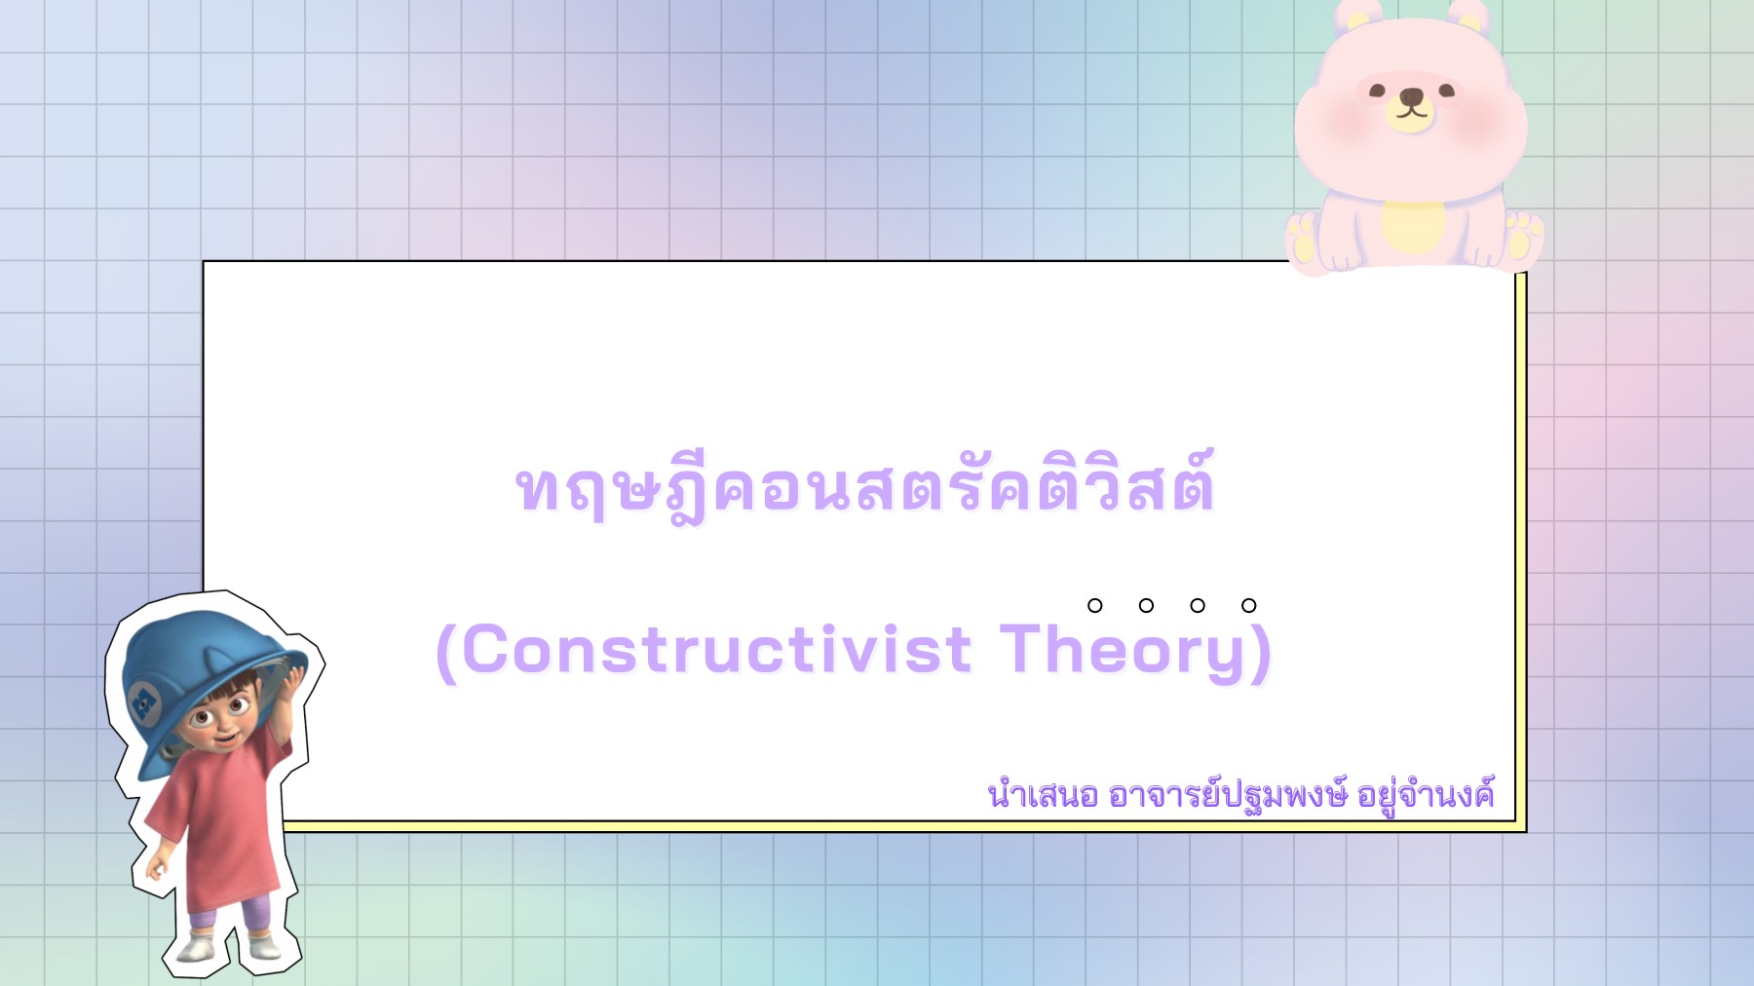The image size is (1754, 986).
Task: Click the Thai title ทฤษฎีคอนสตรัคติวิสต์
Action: [x=864, y=487]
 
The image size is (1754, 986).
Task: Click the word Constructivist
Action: [x=716, y=650]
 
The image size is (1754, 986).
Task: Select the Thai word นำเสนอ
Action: [x=1042, y=795]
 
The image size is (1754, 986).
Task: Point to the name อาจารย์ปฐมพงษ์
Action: [x=1228, y=795]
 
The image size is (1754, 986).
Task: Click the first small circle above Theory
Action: [x=1095, y=605]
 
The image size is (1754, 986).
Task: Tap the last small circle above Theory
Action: [x=1248, y=605]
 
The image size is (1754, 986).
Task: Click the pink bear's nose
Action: [x=1411, y=97]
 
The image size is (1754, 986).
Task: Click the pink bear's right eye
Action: [x=1446, y=91]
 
